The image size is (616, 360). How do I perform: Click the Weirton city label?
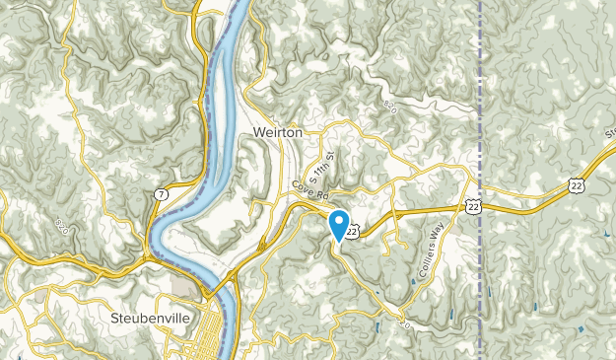[x=276, y=130]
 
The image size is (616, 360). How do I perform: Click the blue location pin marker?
[x=339, y=223]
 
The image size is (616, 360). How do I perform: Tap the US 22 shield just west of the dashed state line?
[x=474, y=204]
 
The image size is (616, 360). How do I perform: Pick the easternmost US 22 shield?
[x=576, y=185]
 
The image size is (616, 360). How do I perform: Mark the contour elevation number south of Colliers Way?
[x=402, y=321]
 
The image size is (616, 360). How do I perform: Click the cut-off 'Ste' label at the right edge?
[x=608, y=133]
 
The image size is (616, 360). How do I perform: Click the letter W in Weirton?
[x=257, y=130]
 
